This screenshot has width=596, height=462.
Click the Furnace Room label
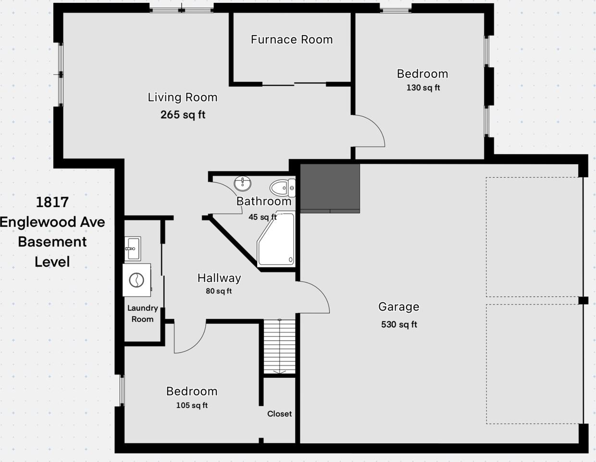point(292,39)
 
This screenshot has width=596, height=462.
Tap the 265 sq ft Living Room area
point(183,115)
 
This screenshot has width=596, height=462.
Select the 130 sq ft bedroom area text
point(423,88)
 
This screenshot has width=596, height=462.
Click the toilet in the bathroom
point(283,187)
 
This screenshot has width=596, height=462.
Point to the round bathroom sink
point(243,183)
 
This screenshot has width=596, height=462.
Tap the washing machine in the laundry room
point(137,280)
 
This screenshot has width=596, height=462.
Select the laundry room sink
point(132,248)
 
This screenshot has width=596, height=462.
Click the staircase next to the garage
point(279,346)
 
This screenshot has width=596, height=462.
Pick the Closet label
point(279,414)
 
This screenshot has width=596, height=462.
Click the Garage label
point(398,307)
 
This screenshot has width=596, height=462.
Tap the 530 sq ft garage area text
point(399,324)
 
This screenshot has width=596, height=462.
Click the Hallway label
point(219,278)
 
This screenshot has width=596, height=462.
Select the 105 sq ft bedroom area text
point(192,405)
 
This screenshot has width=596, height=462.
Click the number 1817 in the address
point(52,202)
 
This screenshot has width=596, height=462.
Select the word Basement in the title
point(52,242)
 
